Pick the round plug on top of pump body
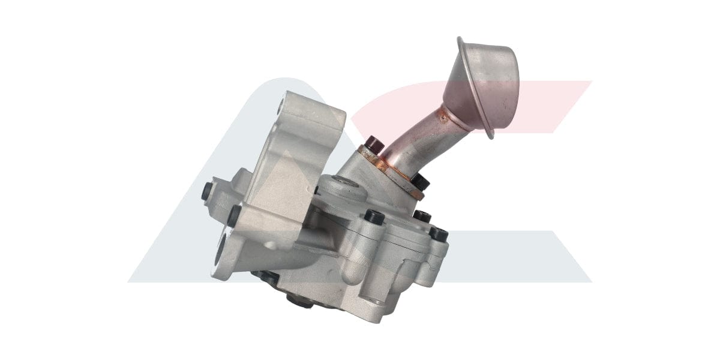[343, 190]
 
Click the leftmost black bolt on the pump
[207, 191]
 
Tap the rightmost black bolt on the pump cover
[439, 234]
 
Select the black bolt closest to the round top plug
[374, 217]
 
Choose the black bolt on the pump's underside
[266, 278]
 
